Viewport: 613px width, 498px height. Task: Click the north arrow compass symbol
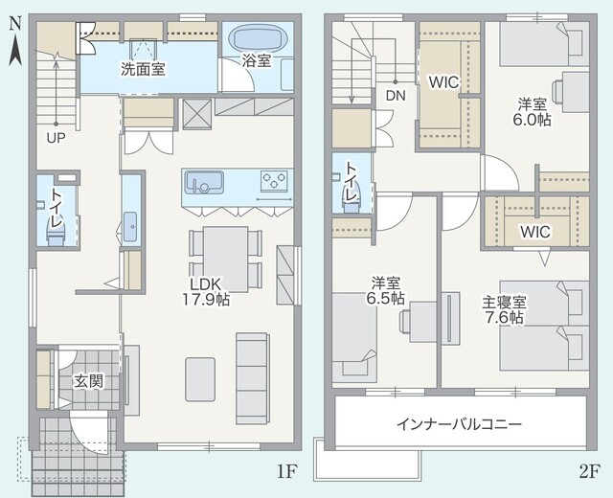coord(15,42)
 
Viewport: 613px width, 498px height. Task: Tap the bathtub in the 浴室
coord(258,38)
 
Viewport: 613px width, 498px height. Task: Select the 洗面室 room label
coord(143,69)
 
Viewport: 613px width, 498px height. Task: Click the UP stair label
coord(56,138)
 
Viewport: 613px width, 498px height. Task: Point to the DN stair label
coord(396,96)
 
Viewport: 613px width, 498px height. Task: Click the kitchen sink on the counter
coord(204,182)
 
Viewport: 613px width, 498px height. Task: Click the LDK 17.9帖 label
coord(206,291)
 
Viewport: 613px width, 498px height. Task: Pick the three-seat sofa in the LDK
coord(253,378)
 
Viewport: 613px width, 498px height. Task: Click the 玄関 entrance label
coord(89,381)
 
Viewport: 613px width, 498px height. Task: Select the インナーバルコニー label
coord(459,424)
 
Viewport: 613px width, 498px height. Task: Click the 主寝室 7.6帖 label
coord(505,309)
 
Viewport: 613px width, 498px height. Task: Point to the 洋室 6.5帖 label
coord(385,290)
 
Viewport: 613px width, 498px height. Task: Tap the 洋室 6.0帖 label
coord(533,112)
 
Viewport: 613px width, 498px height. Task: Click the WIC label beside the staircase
coord(443,82)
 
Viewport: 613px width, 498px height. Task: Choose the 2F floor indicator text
coord(589,472)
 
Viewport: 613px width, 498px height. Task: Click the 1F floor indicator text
coord(287,472)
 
